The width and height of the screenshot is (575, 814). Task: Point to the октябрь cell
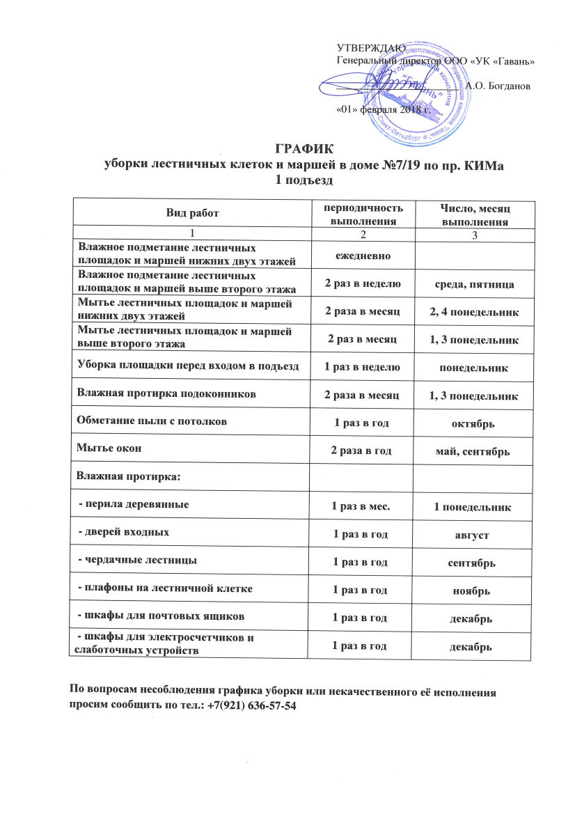[x=473, y=423]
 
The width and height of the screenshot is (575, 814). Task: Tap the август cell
[x=473, y=535]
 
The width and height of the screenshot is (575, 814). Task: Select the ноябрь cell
[x=473, y=590]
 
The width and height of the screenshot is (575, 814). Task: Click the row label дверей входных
[x=125, y=531]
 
